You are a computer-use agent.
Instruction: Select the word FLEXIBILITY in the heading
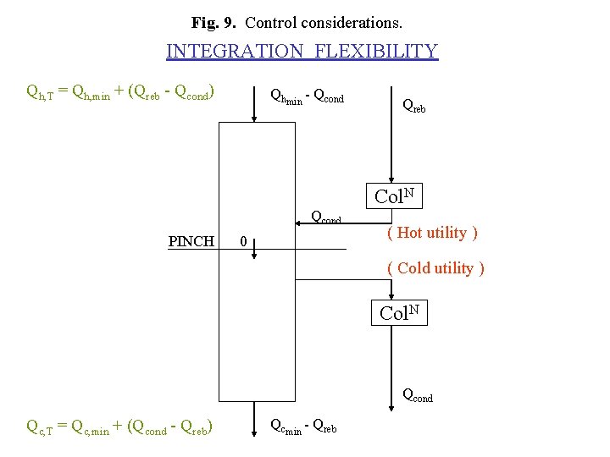tap(376, 51)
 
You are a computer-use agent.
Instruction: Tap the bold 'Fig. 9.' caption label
tap(216, 20)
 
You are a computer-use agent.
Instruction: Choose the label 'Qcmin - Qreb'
tap(302, 427)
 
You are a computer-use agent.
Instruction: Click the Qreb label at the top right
tap(414, 106)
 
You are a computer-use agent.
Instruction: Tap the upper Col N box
tap(395, 196)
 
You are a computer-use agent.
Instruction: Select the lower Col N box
tap(399, 312)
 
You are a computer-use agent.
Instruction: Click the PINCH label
tap(191, 242)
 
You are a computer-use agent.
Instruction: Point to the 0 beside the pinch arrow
tap(243, 242)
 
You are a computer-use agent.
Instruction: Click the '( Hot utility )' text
tap(432, 233)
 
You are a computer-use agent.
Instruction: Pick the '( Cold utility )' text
tap(435, 268)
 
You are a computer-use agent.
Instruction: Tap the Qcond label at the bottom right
tap(417, 394)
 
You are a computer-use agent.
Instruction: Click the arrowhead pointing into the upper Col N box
tap(390, 177)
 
